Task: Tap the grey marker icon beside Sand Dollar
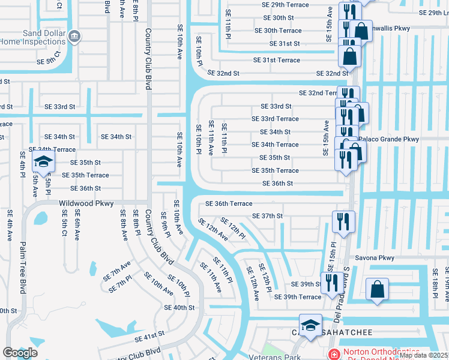[73, 35]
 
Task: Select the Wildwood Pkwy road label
[86, 204]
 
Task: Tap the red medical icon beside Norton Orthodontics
[334, 353]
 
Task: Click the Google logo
[19, 353]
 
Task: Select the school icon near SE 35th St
[43, 161]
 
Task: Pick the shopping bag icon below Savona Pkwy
[377, 289]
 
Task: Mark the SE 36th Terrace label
[229, 203]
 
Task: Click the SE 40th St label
[179, 307]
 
